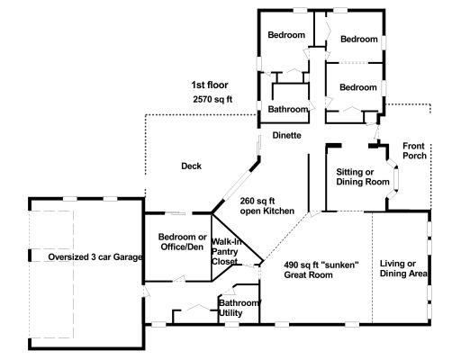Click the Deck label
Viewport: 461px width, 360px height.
[x=191, y=166]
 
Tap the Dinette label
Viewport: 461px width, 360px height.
[x=286, y=135]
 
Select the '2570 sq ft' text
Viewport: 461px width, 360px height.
[x=212, y=99]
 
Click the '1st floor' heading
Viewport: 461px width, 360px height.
[x=210, y=85]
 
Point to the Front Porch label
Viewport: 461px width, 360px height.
[x=414, y=150]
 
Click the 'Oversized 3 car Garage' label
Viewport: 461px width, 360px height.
[x=95, y=257]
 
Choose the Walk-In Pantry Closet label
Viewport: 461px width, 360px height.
[x=226, y=251]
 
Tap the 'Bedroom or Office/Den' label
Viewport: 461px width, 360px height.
[x=182, y=241]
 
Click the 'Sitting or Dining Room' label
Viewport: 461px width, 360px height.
[x=363, y=176]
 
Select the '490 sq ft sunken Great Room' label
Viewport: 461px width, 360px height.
[x=321, y=270]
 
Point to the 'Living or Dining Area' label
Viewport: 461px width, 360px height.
[x=403, y=268]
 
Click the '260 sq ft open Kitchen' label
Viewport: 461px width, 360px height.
[x=267, y=206]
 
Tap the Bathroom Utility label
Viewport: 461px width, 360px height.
[x=239, y=308]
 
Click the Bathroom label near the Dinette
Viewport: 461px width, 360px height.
[x=288, y=109]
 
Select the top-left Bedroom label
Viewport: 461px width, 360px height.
[x=286, y=35]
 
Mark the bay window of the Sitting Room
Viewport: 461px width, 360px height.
[x=393, y=179]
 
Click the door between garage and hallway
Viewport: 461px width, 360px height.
[x=145, y=292]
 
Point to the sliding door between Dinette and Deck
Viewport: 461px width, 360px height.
[x=258, y=145]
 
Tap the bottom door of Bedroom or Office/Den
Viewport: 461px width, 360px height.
[x=179, y=279]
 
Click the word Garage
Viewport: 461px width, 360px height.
[x=128, y=257]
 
